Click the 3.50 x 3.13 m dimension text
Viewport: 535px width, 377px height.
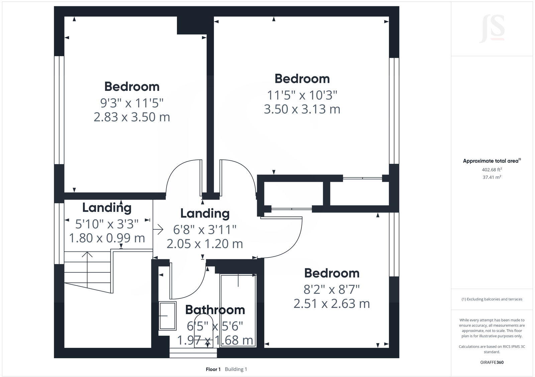(x=302, y=109)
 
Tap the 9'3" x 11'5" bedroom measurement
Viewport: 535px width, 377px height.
(x=132, y=103)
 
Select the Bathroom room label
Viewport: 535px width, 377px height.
(x=215, y=310)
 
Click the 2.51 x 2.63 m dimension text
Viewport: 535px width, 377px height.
(x=331, y=304)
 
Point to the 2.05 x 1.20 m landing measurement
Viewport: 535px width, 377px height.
(x=205, y=244)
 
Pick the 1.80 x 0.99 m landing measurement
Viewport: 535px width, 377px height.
(x=107, y=238)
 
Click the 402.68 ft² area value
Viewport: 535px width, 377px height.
(x=492, y=169)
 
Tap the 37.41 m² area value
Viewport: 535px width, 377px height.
(x=492, y=177)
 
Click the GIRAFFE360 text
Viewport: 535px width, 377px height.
(x=492, y=362)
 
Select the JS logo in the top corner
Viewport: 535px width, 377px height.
(x=492, y=29)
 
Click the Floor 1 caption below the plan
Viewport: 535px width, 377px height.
(x=213, y=369)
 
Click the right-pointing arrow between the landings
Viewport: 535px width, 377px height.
(x=158, y=229)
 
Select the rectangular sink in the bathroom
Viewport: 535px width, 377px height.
(x=168, y=316)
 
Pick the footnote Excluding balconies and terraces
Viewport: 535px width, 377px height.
(x=492, y=299)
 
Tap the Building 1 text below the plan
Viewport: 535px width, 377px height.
(x=236, y=369)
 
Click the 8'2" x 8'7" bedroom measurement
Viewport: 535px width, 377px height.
(x=331, y=289)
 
